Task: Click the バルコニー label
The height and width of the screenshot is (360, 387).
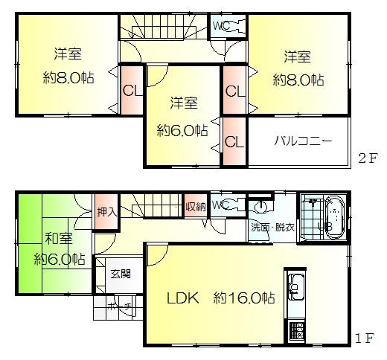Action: [x=301, y=140]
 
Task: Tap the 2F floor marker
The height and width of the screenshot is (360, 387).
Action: [x=369, y=158]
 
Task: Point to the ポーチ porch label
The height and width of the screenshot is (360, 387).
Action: [x=119, y=306]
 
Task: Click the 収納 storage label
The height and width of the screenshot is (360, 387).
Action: [x=196, y=205]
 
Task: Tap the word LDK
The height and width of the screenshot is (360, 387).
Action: [x=183, y=298]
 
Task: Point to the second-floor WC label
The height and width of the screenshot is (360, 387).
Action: [x=220, y=25]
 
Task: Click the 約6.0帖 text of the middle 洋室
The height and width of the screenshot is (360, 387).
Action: [x=182, y=129]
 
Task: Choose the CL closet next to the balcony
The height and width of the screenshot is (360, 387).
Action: [x=232, y=141]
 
